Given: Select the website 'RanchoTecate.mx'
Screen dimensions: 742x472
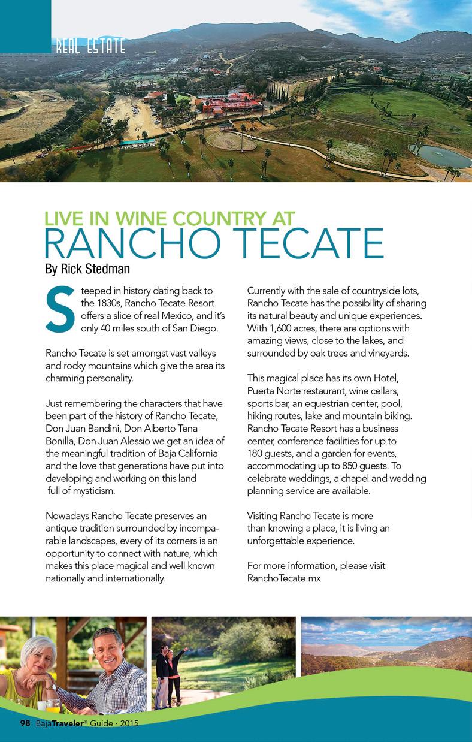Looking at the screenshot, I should pos(284,578).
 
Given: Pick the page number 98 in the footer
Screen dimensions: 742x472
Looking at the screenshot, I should pos(25,723).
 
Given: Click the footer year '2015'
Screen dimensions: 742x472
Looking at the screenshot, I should pos(129,724).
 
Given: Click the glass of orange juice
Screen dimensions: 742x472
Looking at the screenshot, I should pos(52,706).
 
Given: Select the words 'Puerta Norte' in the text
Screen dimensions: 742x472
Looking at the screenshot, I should pos(275,390).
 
